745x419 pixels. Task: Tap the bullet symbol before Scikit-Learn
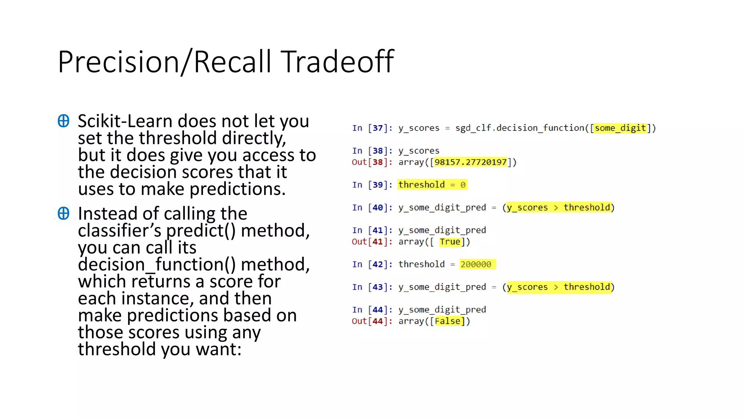point(63,121)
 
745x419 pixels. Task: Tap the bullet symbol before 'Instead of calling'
point(63,214)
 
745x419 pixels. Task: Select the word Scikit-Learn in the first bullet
point(125,121)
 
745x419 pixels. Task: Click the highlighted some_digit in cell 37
point(620,128)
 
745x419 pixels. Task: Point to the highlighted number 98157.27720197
point(470,162)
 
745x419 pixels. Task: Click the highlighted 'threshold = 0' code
point(432,185)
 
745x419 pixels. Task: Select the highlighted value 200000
point(476,264)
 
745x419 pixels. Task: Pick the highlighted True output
point(450,242)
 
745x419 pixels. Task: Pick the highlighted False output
point(447,321)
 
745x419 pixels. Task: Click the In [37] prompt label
point(372,128)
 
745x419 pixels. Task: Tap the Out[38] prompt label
point(372,162)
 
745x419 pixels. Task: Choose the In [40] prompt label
point(372,208)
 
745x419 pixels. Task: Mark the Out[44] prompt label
point(372,321)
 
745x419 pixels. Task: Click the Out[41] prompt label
point(372,242)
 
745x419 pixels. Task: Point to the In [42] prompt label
point(372,264)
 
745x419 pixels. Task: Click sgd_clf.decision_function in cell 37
point(519,128)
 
